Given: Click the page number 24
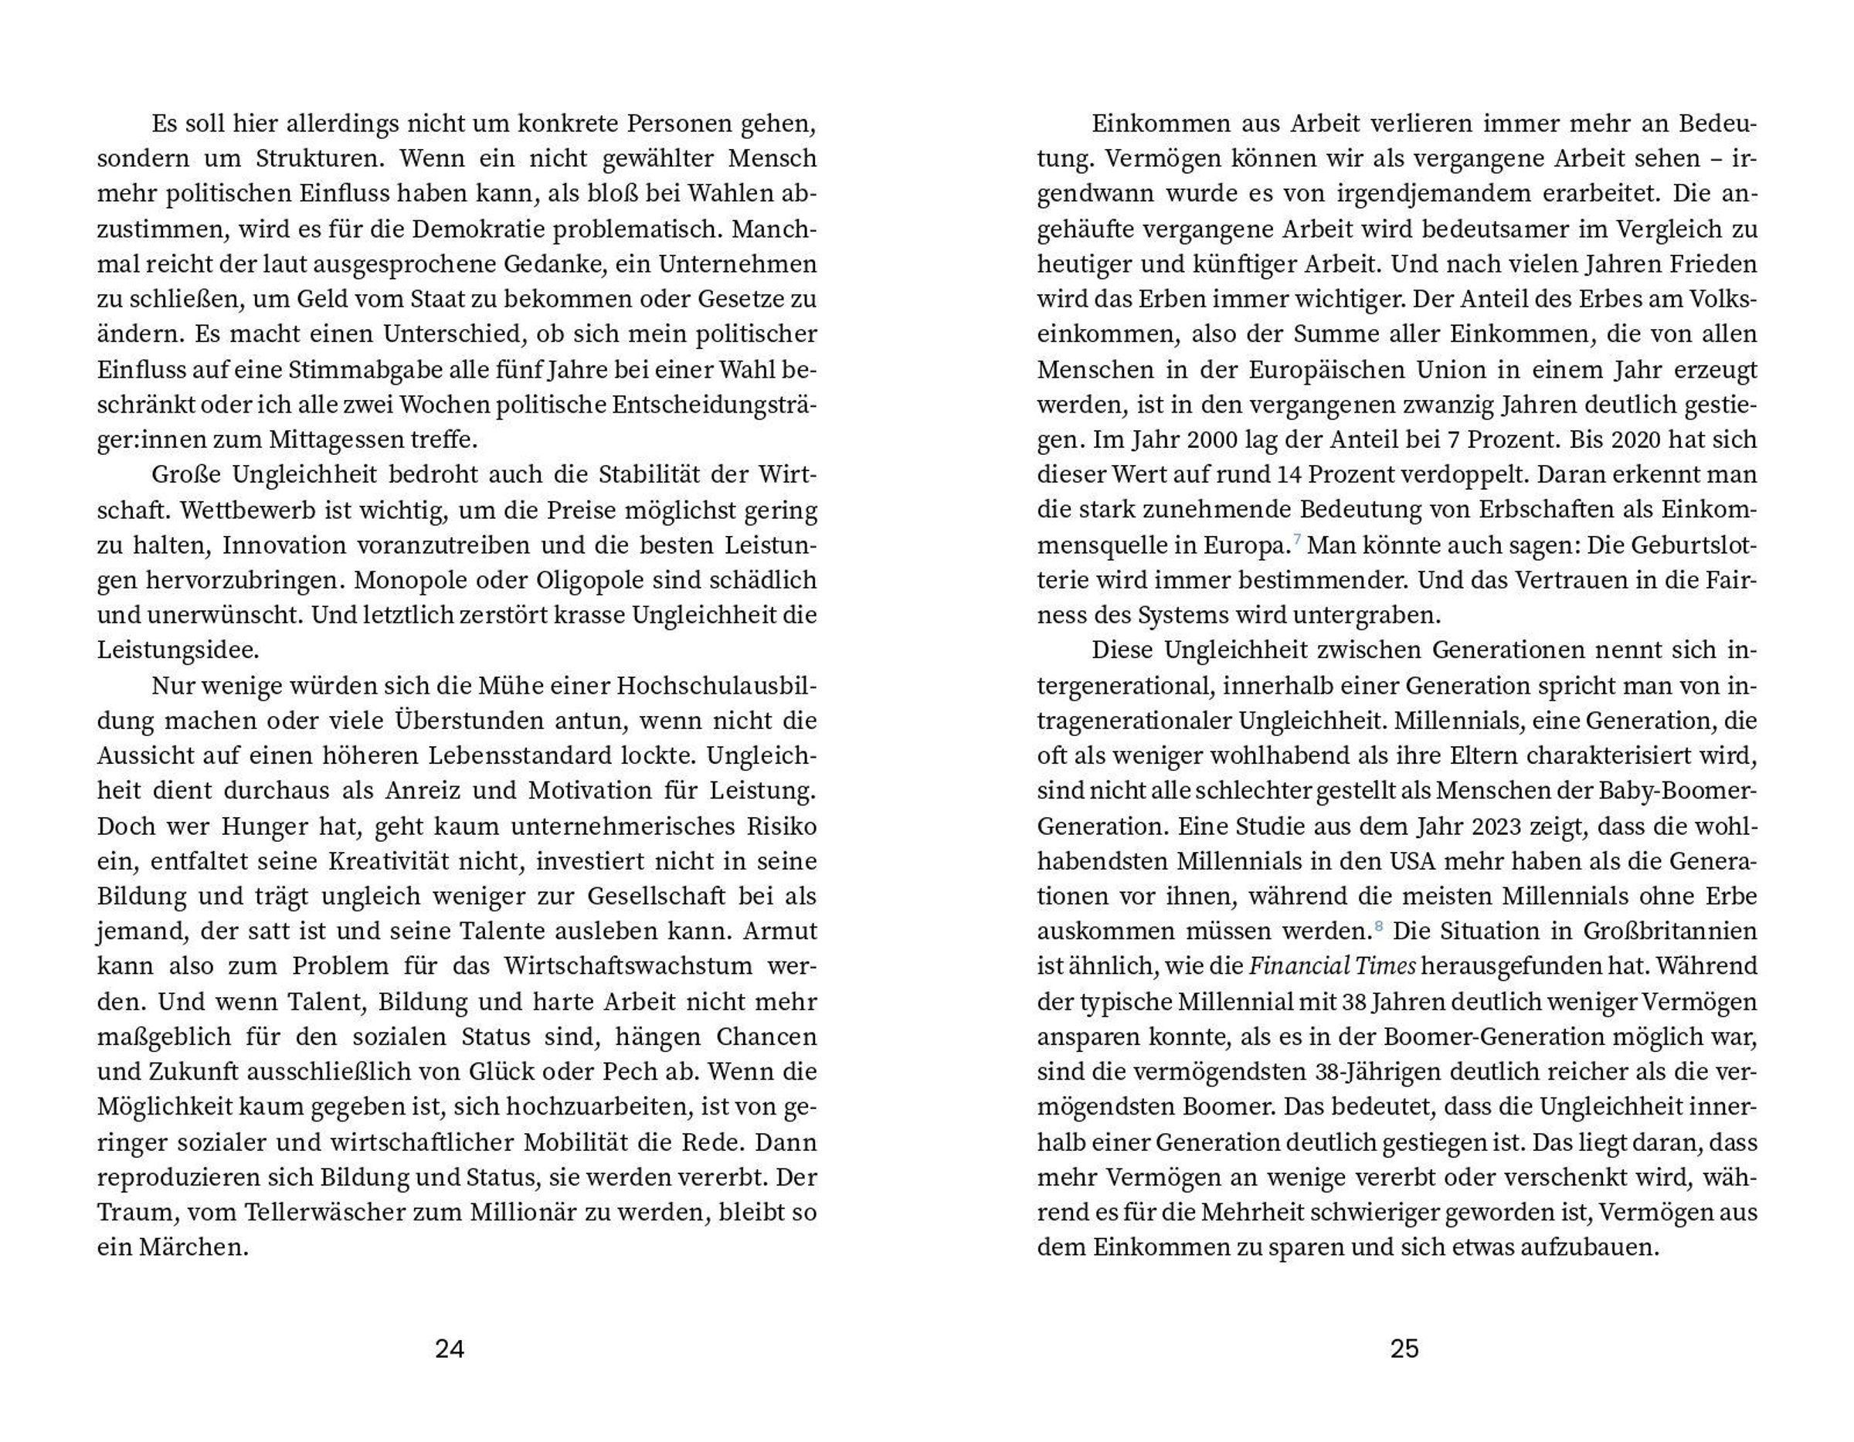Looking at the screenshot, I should [x=449, y=1349].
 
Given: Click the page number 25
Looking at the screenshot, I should [x=1404, y=1349].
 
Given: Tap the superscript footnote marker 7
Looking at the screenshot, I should [x=1296, y=539].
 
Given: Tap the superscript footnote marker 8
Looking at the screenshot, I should [x=1378, y=925].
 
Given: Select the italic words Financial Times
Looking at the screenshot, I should [x=1332, y=967].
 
